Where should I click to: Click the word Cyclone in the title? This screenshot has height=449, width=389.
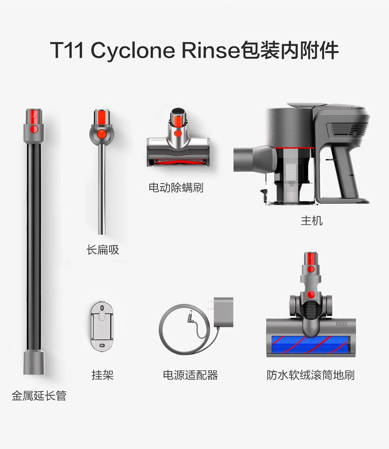coord(133,50)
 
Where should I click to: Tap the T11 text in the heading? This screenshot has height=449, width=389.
coord(67,50)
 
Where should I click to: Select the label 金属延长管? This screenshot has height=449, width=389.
coord(39,396)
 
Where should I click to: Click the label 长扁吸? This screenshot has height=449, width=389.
coord(103,250)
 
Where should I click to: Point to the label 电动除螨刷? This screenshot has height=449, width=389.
coord(176,188)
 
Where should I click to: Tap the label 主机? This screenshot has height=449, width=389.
coord(312,221)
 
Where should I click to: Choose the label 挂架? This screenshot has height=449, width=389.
coord(102,375)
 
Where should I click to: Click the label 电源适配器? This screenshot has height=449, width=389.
coord(190,375)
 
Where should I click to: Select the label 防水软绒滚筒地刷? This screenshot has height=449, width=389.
coord(310,375)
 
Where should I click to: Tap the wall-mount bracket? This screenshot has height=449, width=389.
coord(102,327)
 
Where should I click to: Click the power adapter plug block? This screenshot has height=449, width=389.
coord(223,312)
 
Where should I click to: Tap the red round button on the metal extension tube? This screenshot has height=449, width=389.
coord(34,129)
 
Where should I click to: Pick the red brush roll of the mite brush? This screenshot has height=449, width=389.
coord(178,162)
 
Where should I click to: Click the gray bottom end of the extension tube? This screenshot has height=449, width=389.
coord(34,362)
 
